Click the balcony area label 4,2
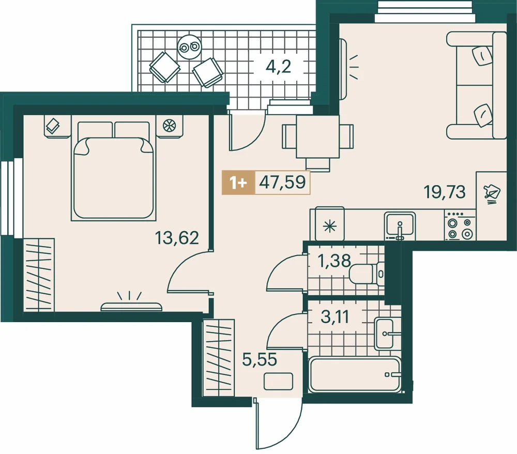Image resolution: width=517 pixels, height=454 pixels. pos(278,67)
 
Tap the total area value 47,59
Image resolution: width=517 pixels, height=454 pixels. pos(282,182)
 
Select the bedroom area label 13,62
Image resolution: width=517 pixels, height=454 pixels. pos(177,238)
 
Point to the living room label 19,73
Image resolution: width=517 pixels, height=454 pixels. pos(445,192)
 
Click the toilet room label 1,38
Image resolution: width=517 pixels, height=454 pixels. pos(334,261)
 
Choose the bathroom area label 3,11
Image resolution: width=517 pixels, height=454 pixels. pos(334,317)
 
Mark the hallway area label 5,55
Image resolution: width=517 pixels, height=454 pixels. pos(260,359)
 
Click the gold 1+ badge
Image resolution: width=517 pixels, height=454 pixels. pos(238,183)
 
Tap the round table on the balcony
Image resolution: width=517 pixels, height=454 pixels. pos(189,47)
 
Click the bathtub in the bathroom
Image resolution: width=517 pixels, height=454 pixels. pos(355,375)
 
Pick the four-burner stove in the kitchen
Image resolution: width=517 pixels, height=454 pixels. pos(460,225)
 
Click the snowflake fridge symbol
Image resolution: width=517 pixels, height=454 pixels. pos(330,226)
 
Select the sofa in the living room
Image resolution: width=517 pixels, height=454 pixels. pos(477,85)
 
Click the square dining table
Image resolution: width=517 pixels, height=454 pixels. pos(317,137)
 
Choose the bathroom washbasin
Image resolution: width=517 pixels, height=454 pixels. pos(384,334)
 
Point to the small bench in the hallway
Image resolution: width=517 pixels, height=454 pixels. pos(278,382)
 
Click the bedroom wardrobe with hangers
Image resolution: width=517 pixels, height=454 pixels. pos(39,275)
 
